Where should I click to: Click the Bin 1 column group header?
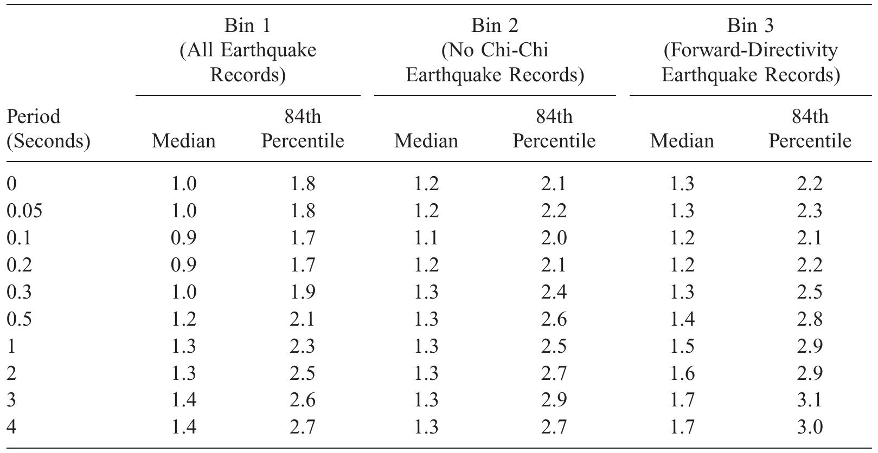coord(248,50)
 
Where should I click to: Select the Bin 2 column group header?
coord(495,50)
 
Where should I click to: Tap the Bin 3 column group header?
coord(751,50)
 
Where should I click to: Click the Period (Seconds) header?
coord(48,128)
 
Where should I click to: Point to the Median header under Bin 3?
coord(682,141)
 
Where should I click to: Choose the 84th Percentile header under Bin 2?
coord(554,128)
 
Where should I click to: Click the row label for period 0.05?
coord(24,211)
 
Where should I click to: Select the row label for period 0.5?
coord(20,319)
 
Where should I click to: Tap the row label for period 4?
coord(12,428)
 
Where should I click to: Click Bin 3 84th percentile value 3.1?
coord(810,400)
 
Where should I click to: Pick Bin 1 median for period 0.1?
coord(183,238)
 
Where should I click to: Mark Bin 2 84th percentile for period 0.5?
coord(554,319)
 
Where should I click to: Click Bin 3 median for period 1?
coord(682,346)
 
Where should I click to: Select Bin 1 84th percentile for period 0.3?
coord(302,292)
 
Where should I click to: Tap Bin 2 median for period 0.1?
coord(426,238)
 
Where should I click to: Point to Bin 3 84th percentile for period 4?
coord(810,428)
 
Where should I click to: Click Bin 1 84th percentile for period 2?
coord(302,373)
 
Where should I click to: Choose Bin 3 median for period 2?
coord(682,373)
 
